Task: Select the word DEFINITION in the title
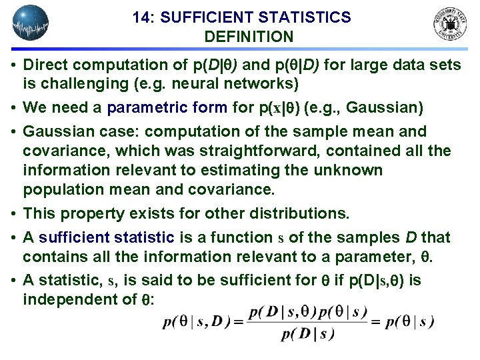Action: (x=244, y=37)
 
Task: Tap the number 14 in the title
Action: (x=143, y=17)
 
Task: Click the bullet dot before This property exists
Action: (x=14, y=214)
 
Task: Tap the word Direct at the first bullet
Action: (x=44, y=65)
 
